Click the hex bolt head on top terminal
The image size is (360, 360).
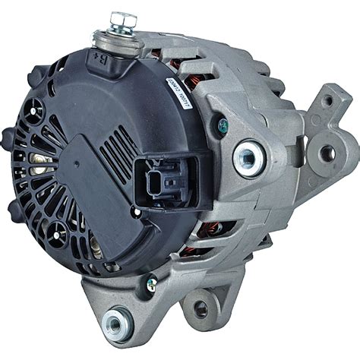pos(119,17)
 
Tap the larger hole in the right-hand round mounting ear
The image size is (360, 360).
pos(329,154)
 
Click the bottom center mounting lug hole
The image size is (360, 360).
pos(201,308)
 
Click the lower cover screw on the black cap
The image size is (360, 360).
pos(96,244)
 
